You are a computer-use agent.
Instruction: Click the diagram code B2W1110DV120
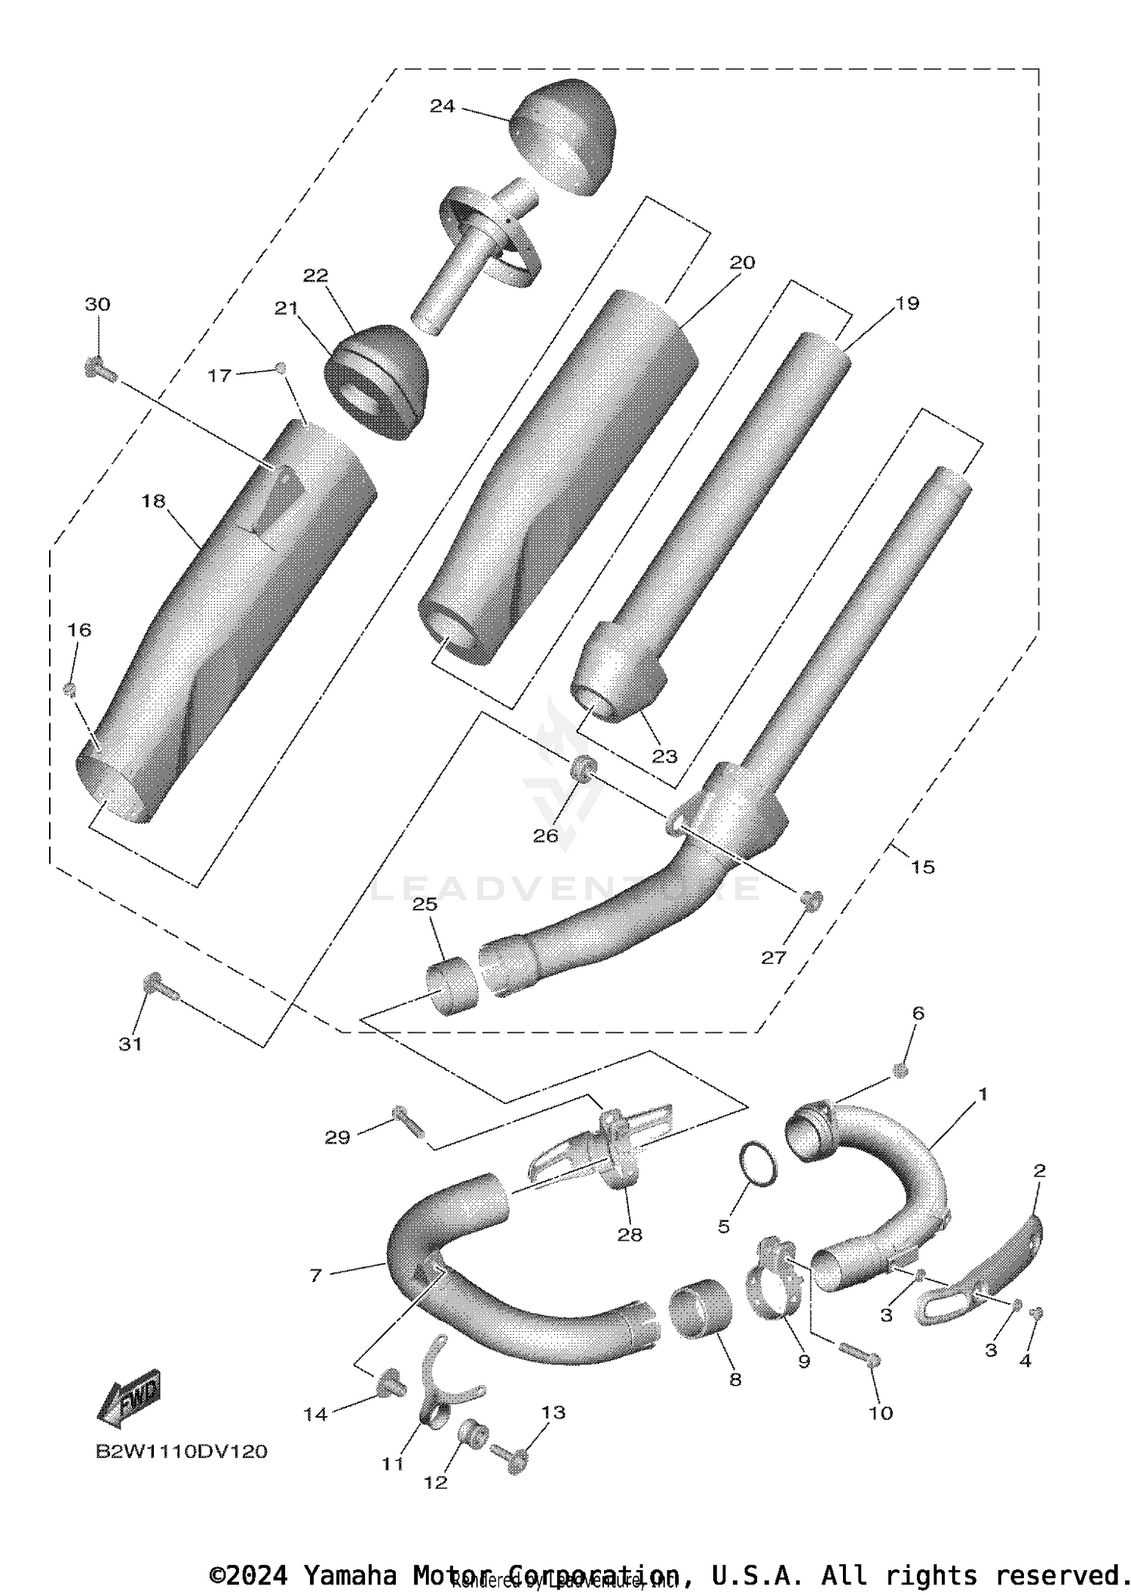tap(181, 1452)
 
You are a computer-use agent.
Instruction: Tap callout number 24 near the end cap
tap(442, 106)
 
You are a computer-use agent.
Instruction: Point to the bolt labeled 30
tap(99, 370)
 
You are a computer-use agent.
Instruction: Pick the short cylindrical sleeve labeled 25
tap(453, 985)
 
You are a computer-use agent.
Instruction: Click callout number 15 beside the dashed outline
tap(922, 867)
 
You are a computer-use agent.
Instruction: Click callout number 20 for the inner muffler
tap(742, 262)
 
